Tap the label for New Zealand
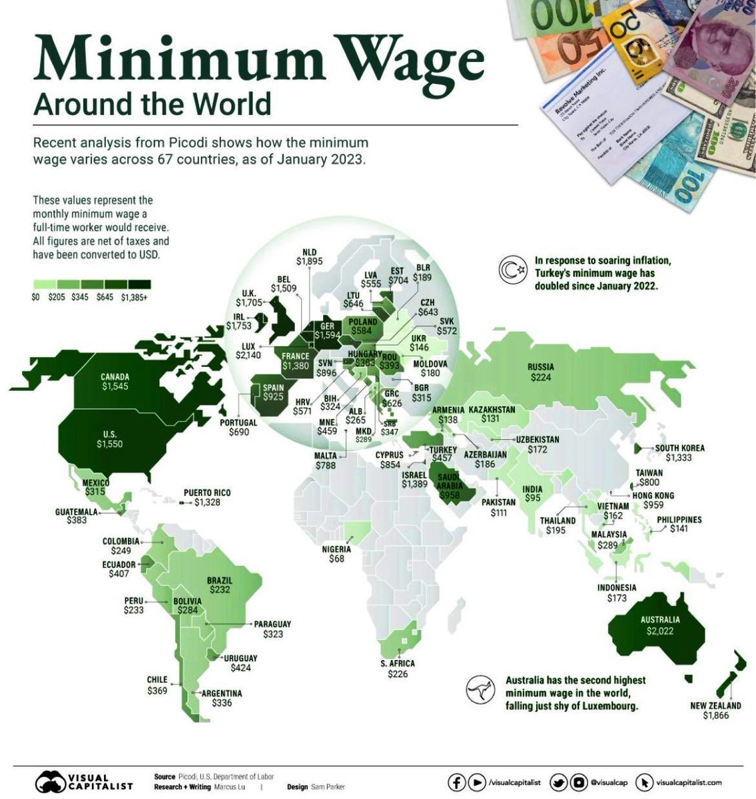tap(715, 705)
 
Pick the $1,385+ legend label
tap(134, 298)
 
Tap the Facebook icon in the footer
tap(456, 782)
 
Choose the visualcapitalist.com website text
tap(688, 783)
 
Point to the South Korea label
tap(679, 448)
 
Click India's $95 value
tap(532, 498)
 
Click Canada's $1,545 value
tap(115, 386)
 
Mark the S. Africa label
tap(398, 664)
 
